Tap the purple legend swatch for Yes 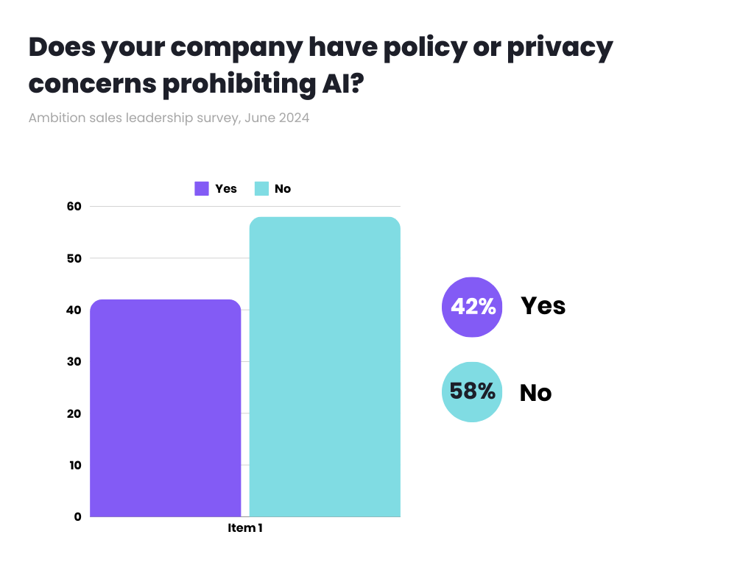[202, 188]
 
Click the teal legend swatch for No [261, 188]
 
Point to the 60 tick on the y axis [74, 207]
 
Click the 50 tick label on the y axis [74, 258]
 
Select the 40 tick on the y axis [74, 310]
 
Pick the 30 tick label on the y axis [74, 361]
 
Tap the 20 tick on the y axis [74, 413]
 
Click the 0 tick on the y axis [77, 516]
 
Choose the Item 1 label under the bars [245, 528]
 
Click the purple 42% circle [472, 307]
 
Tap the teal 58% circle [472, 391]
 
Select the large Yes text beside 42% [543, 306]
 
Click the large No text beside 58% [535, 393]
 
